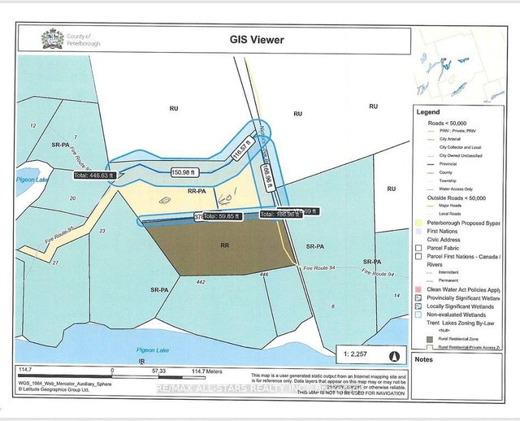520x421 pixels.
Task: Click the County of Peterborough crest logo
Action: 50,39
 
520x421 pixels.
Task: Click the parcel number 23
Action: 102,231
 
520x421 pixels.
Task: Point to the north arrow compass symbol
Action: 395,355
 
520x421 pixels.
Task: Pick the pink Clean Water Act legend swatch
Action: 418,289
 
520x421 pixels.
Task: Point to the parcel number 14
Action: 396,296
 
